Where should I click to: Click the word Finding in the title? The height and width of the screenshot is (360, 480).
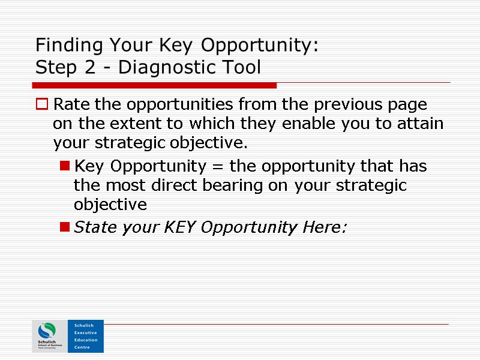[62, 46]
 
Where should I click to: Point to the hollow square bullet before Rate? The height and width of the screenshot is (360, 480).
[42, 105]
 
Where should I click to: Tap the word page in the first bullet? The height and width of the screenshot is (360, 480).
[409, 106]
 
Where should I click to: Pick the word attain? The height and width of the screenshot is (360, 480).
[418, 124]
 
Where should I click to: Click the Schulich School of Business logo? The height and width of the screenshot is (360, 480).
[50, 336]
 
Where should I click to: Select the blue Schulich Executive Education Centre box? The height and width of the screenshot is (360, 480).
[86, 336]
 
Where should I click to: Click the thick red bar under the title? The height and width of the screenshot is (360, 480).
[156, 86]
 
